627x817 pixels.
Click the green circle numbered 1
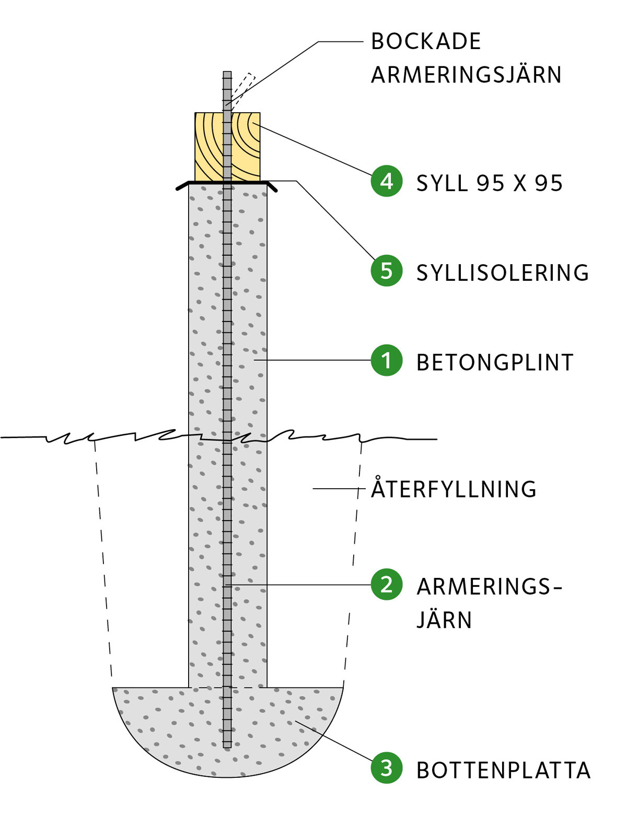point(386,360)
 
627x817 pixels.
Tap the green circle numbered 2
point(386,584)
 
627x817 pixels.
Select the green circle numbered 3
point(386,768)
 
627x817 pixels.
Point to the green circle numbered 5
point(386,270)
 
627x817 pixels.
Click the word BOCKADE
point(426,42)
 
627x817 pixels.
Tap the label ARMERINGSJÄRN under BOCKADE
point(466,75)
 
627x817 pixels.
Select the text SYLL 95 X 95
point(490,183)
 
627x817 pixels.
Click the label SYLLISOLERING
point(503,273)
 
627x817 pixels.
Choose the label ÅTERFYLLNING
point(454,489)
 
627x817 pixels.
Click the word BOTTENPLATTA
point(503,771)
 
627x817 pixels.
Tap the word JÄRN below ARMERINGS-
point(444,620)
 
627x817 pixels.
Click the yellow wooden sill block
point(209,147)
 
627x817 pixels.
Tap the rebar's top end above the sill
point(227,74)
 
